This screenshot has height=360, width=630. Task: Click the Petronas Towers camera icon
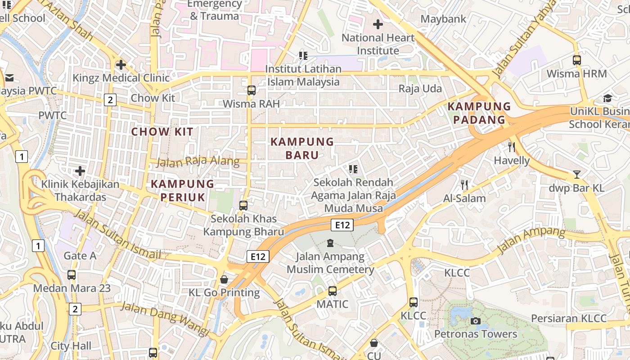[x=476, y=321]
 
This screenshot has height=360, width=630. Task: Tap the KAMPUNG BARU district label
[x=302, y=148]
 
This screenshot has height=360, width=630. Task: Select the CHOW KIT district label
[x=162, y=132]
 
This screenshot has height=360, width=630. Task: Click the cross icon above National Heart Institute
[x=378, y=24]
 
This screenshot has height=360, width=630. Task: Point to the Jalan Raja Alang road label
[x=198, y=161]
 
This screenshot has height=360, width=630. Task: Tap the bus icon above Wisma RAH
[x=252, y=90]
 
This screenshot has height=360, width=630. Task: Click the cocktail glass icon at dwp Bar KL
[x=577, y=175]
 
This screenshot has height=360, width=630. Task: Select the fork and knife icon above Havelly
[x=511, y=147]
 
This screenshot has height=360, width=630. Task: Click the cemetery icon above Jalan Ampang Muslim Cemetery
[x=330, y=243]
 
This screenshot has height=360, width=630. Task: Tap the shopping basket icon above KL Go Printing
[x=224, y=279]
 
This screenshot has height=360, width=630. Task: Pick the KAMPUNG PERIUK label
[x=182, y=190]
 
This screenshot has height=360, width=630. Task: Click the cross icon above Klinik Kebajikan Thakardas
[x=80, y=171]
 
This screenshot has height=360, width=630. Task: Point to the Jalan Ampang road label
[x=531, y=240]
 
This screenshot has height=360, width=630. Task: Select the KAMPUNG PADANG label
[x=479, y=113]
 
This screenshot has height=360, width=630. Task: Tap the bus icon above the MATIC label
[x=333, y=291]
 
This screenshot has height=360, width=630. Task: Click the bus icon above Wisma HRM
[x=577, y=60]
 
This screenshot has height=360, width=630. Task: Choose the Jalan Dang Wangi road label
[x=166, y=319]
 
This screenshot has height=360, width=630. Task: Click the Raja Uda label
[x=420, y=89]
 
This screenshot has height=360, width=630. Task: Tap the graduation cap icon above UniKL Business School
[x=607, y=99]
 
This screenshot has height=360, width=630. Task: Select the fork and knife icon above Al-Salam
[x=464, y=184]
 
